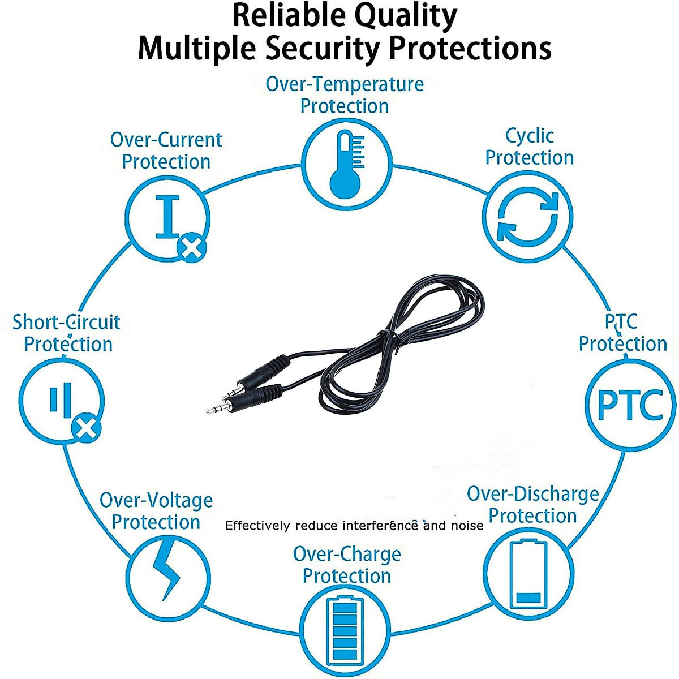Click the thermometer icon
coord(345,164)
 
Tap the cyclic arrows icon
coord(527,217)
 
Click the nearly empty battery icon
coord(528,574)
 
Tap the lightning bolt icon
coord(167,569)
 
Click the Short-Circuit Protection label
coord(67,333)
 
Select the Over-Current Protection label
coord(166,151)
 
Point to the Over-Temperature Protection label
coord(345,94)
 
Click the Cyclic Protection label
coord(530,147)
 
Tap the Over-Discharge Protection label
coord(532,505)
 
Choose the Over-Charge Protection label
coord(347,565)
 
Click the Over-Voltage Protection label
coord(156,511)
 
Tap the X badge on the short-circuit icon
coord(86,428)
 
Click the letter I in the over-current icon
coord(167,216)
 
